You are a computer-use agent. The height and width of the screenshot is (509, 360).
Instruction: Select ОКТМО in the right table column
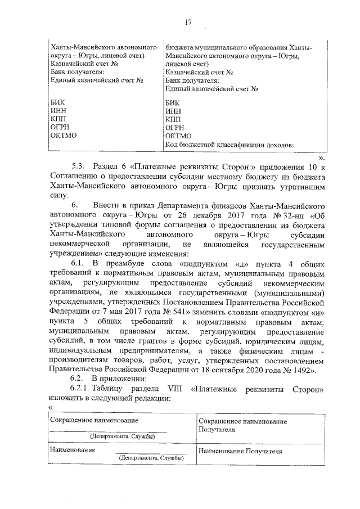click(179, 136)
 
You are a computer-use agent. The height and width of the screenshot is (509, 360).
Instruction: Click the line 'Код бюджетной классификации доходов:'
click(230, 145)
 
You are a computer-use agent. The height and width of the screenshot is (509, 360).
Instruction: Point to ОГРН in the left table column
click(60, 128)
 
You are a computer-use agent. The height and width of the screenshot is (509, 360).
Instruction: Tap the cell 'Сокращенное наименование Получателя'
click(240, 425)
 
